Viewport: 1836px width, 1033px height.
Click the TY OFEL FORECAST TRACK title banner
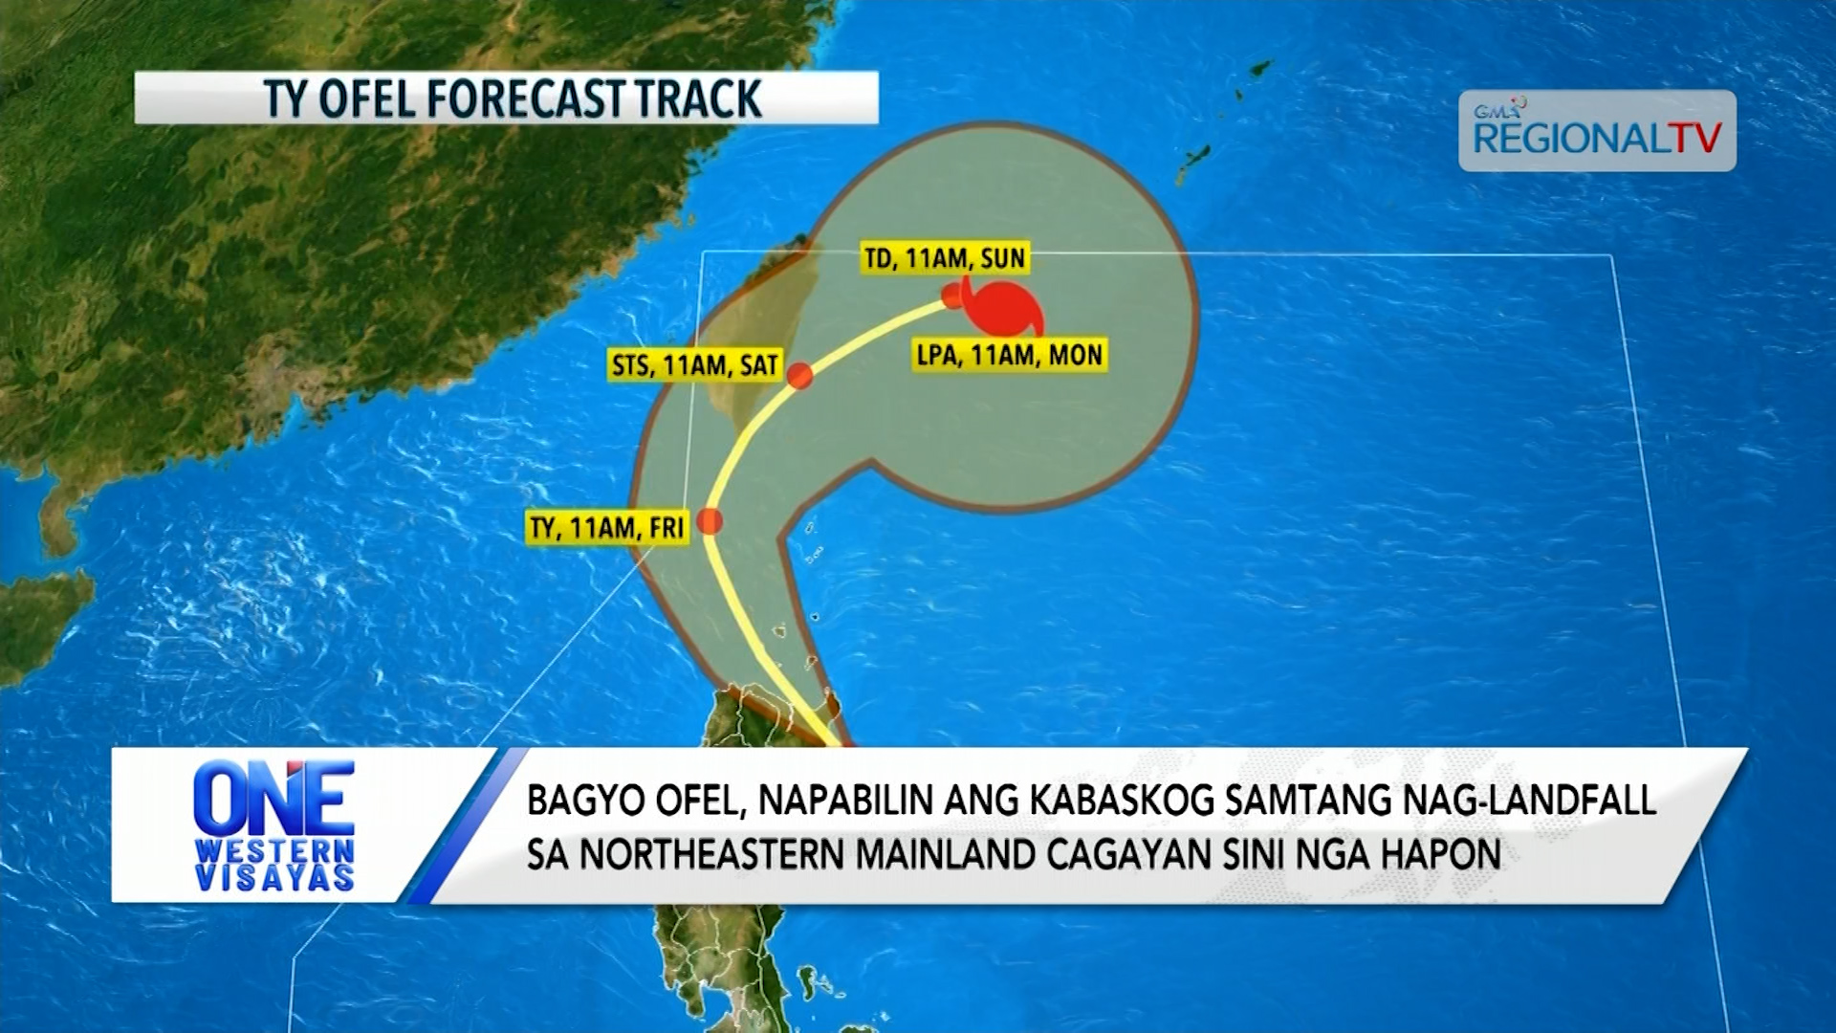click(506, 98)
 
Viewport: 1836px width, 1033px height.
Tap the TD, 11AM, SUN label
click(945, 258)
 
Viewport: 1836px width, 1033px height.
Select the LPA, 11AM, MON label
click(1010, 356)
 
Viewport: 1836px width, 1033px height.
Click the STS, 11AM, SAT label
click(695, 365)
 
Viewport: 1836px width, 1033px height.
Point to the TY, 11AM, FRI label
click(607, 528)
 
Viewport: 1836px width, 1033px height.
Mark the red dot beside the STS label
click(800, 376)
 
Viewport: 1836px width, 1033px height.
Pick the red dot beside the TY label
click(710, 521)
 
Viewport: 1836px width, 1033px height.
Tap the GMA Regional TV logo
click(1597, 131)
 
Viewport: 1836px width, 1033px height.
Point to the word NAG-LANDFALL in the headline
click(1529, 801)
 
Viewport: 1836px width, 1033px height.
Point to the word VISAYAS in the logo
click(274, 877)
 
